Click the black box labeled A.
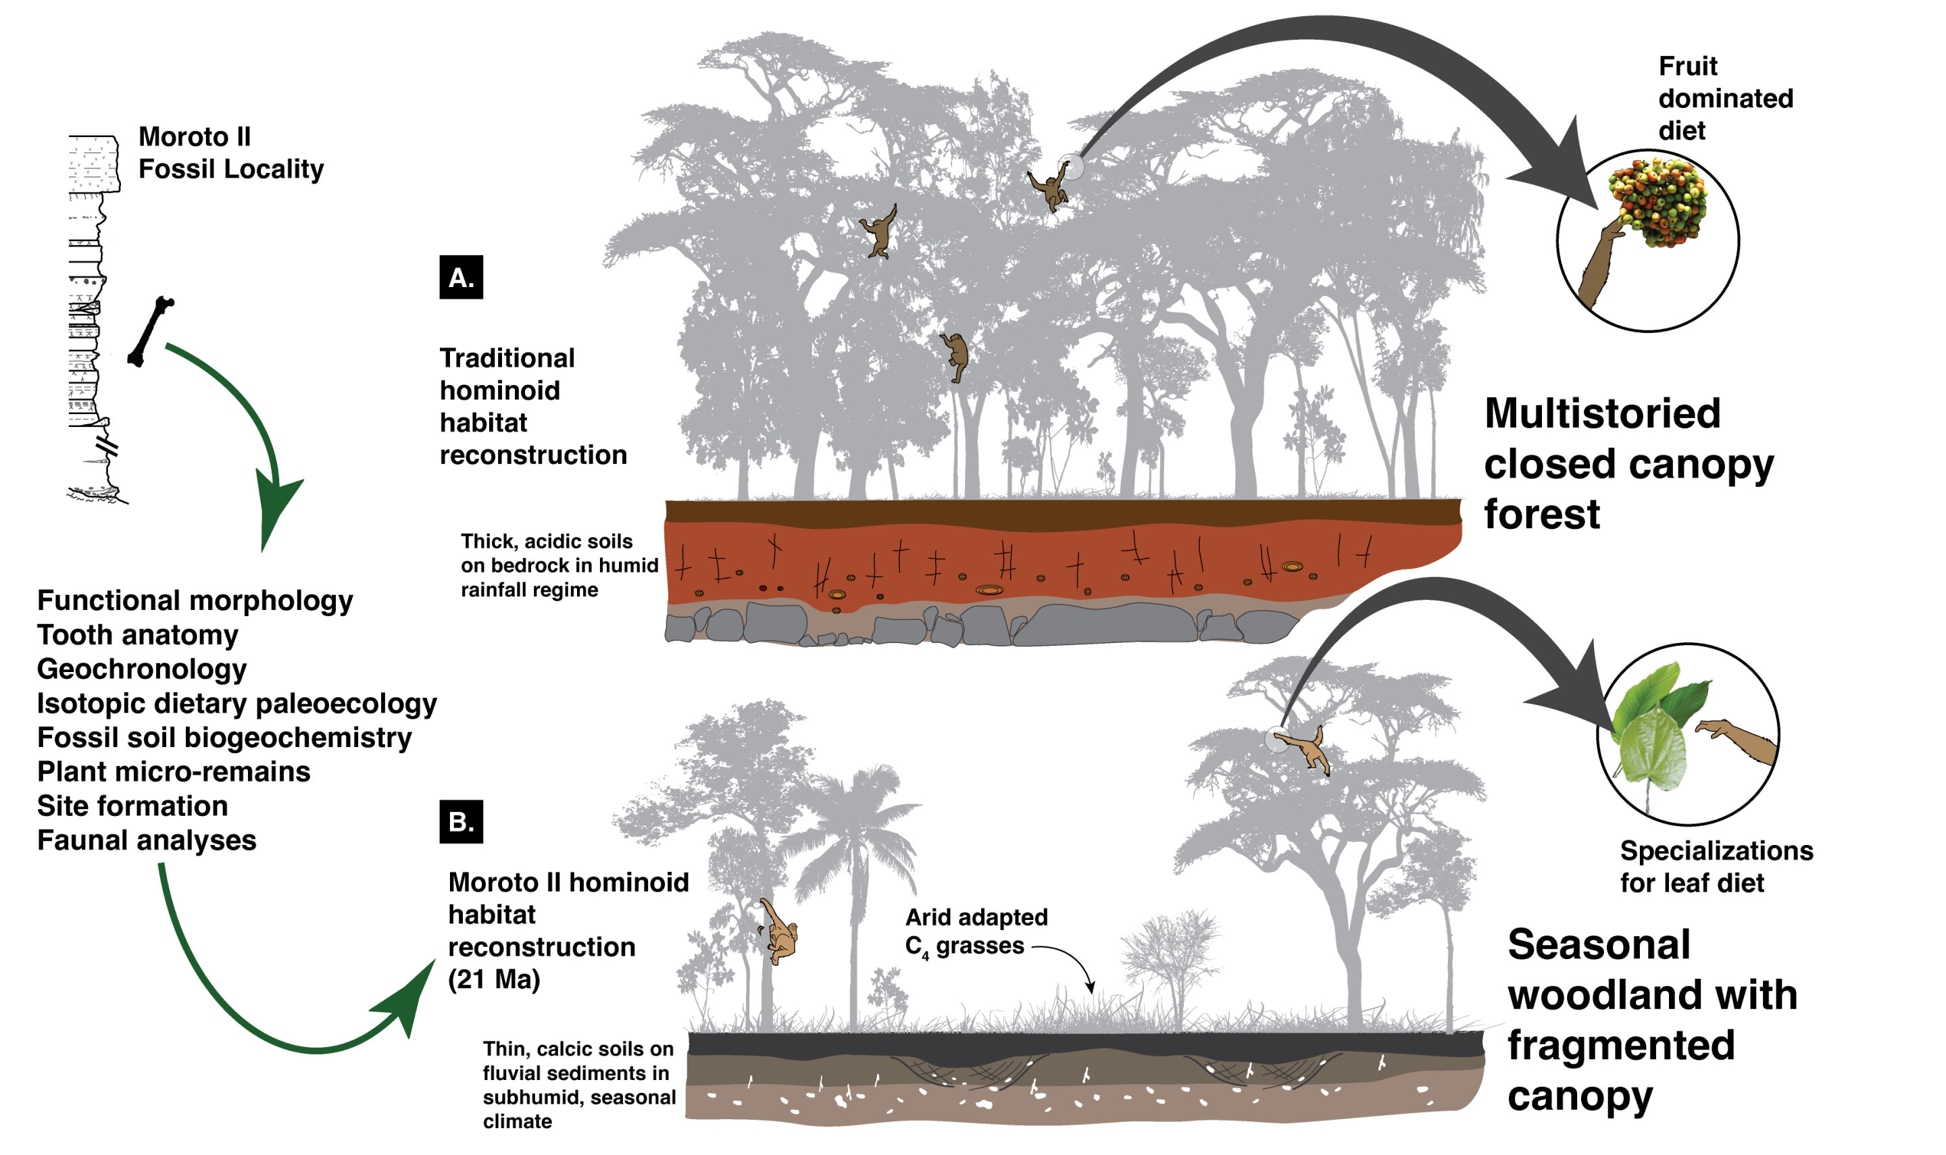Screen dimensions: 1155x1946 point(461,277)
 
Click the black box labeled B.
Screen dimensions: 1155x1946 point(461,822)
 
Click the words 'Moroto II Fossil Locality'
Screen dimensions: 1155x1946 point(230,153)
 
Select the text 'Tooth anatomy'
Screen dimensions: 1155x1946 point(138,635)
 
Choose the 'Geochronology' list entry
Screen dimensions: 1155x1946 point(142,669)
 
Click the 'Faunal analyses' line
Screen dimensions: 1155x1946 point(147,840)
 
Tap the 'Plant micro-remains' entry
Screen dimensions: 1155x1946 point(174,772)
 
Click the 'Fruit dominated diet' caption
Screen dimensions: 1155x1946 point(1724,98)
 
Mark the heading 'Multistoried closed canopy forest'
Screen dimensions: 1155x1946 point(1627,464)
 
